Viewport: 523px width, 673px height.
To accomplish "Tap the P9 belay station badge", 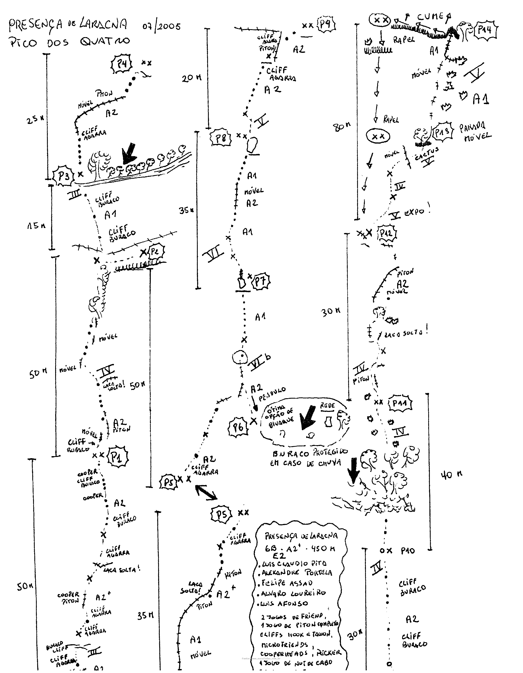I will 325,24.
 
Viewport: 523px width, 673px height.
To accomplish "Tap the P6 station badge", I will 238,427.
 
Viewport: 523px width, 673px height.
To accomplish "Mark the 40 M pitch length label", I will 451,475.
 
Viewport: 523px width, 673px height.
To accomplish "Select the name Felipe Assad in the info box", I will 287,583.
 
